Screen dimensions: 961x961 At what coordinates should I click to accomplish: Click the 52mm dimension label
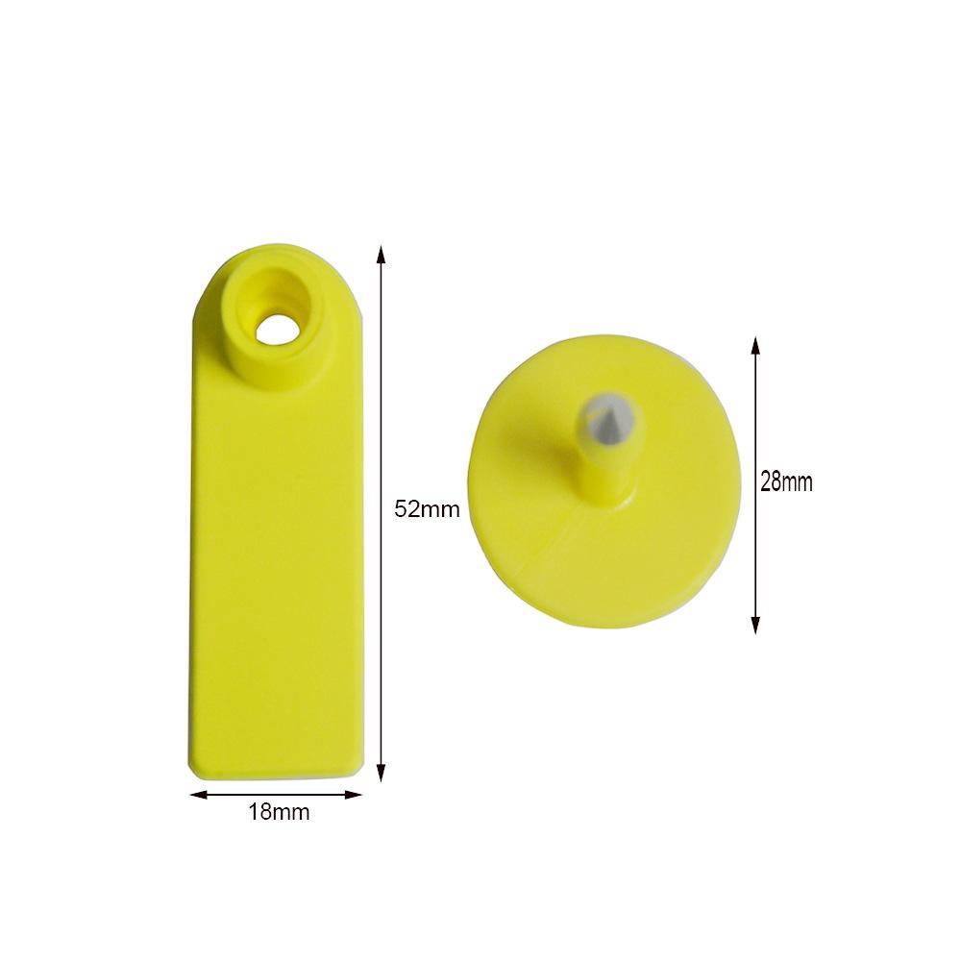(x=428, y=508)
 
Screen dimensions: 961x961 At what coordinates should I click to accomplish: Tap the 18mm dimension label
(x=279, y=812)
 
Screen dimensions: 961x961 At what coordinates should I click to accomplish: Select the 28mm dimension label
(x=786, y=482)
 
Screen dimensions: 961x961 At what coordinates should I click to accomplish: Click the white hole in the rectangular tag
(x=277, y=331)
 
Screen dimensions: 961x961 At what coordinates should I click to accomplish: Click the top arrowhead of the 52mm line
(x=382, y=255)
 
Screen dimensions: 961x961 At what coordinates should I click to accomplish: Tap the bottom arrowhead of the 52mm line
(x=382, y=773)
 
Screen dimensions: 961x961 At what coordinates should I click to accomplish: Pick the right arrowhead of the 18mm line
(x=354, y=795)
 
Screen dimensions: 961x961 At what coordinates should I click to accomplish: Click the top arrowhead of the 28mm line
(x=755, y=345)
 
